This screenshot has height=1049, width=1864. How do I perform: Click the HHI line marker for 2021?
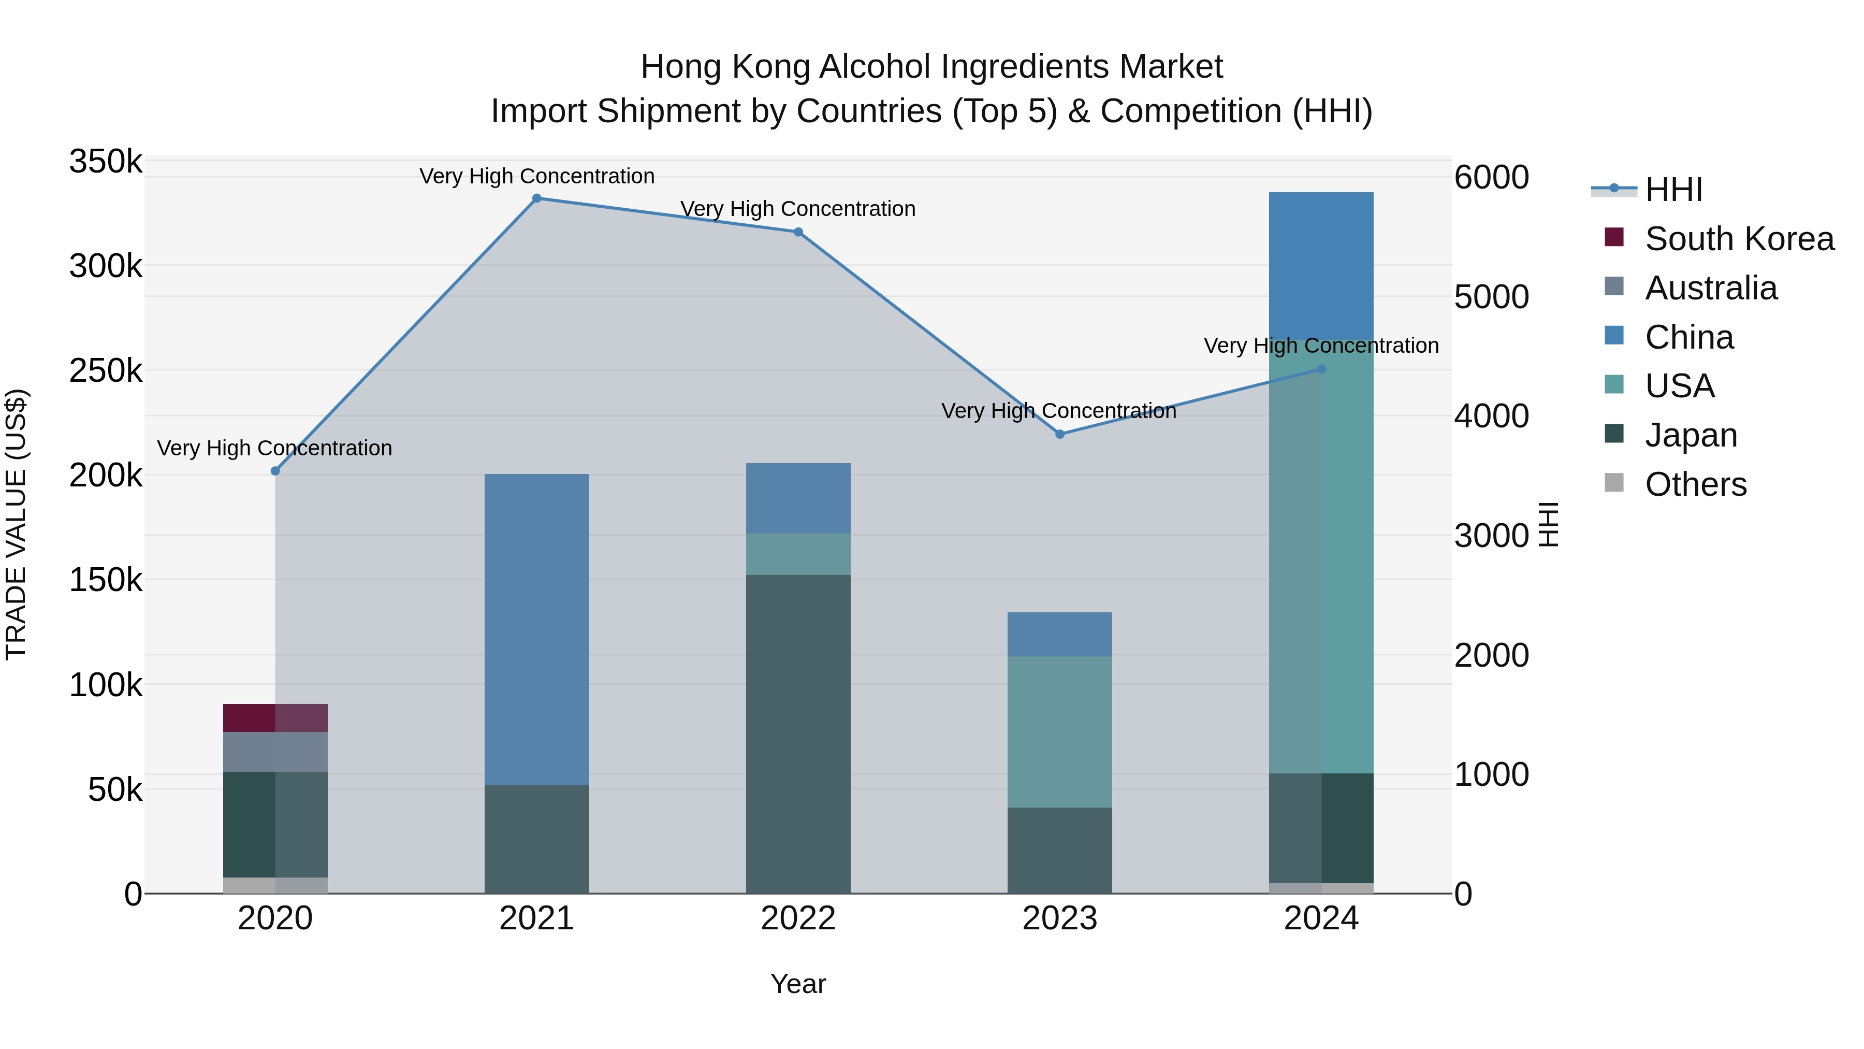click(536, 198)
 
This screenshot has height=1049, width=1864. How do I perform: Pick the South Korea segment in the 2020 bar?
click(275, 717)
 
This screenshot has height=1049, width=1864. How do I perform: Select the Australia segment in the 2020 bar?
click(275, 752)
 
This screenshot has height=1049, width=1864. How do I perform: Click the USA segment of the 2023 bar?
click(1059, 731)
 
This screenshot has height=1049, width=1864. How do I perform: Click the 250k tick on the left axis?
click(106, 371)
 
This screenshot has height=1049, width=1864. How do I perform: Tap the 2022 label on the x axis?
click(798, 918)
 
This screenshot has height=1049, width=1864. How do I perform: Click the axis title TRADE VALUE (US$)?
click(17, 524)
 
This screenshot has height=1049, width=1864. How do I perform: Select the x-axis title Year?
click(798, 984)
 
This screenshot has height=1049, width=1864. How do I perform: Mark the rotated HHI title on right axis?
click(1547, 524)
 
